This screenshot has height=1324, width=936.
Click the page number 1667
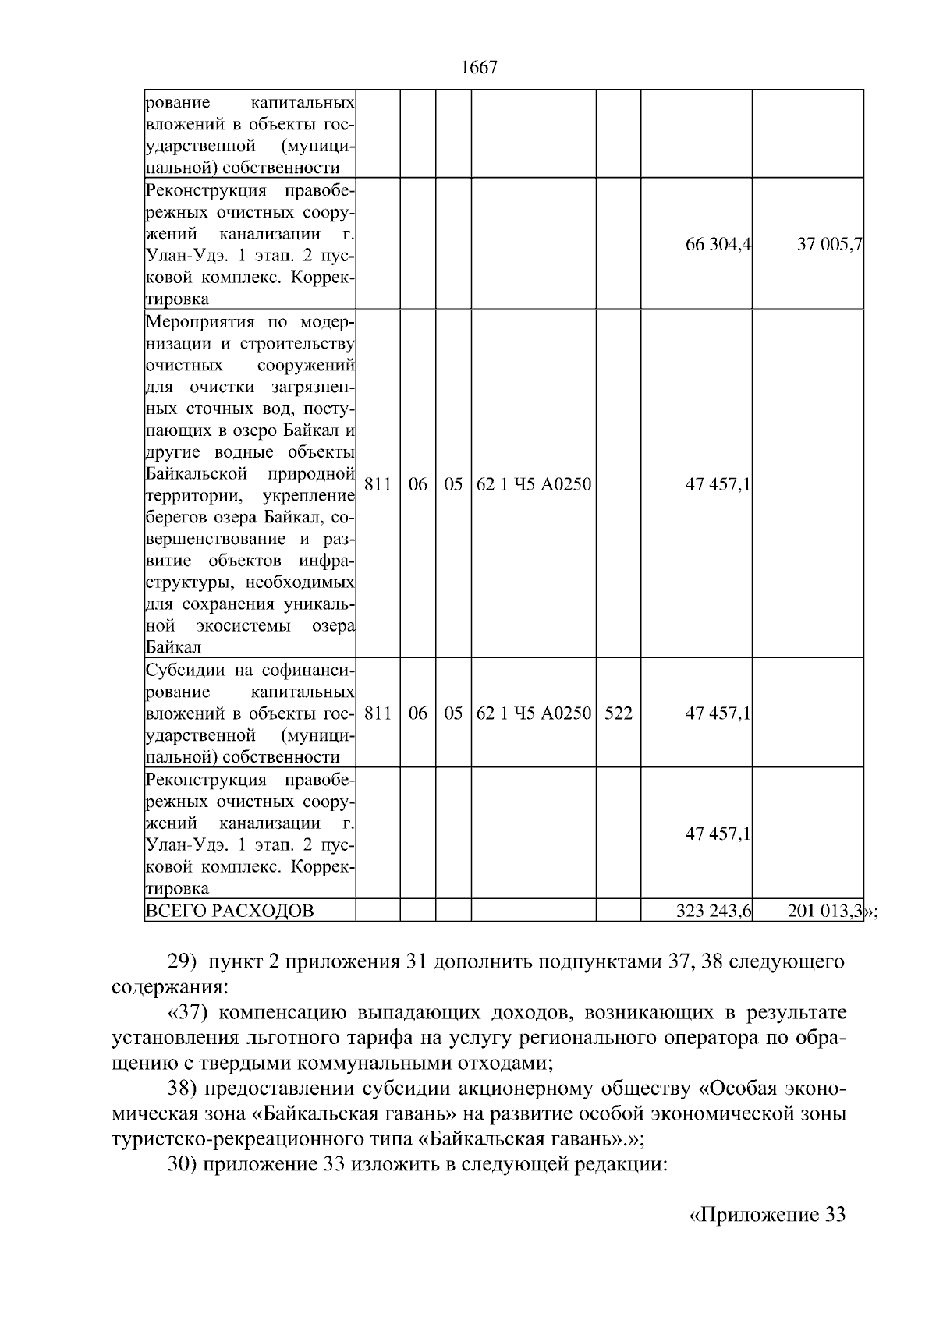tap(479, 68)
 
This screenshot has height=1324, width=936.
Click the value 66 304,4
tap(718, 244)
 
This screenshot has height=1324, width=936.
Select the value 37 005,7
tap(828, 244)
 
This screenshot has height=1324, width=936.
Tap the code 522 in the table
tap(618, 713)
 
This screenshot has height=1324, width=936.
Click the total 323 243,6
tap(713, 911)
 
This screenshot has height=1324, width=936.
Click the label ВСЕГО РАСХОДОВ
tap(229, 911)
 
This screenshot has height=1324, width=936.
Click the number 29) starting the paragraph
tap(184, 962)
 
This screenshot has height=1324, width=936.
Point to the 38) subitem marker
tap(184, 1089)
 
